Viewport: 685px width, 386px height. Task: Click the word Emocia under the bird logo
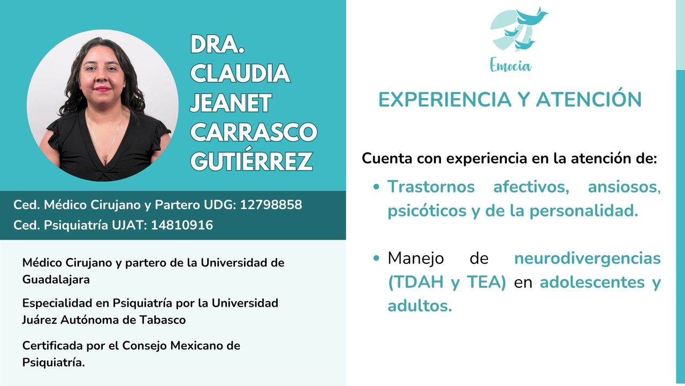click(511, 66)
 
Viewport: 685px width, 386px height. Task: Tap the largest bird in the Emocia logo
click(532, 16)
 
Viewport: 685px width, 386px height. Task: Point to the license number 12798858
click(271, 205)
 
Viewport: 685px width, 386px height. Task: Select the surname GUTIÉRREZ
click(252, 161)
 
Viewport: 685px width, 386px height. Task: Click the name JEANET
click(231, 103)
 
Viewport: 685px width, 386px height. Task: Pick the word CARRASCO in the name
click(254, 132)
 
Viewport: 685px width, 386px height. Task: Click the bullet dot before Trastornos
click(377, 188)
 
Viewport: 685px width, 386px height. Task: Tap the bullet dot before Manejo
click(377, 258)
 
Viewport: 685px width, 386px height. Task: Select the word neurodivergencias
click(587, 258)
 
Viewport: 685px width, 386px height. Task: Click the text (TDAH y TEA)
click(447, 283)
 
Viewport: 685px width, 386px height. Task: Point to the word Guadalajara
click(56, 279)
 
